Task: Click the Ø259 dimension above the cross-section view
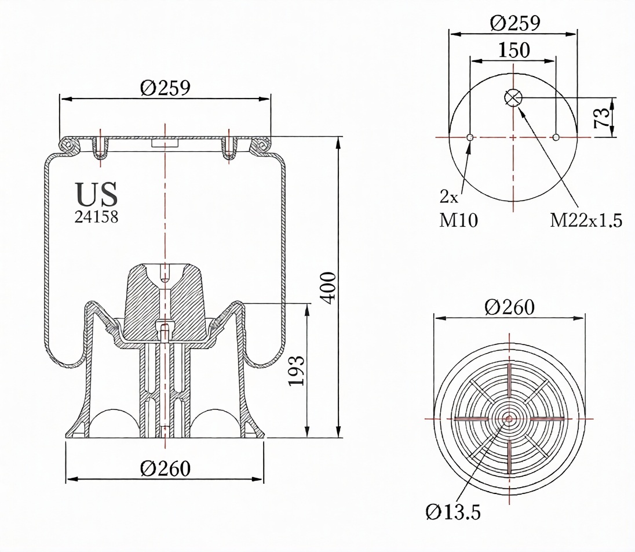pos(165,88)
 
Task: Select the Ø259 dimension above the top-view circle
pos(514,23)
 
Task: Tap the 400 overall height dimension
pos(328,286)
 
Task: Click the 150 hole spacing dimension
pos(512,50)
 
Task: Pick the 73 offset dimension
pos(603,117)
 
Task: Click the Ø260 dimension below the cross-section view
pos(165,467)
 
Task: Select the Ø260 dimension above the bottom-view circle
pos(509,307)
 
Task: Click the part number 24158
pos(96,217)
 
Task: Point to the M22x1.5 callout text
pos(586,220)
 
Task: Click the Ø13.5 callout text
pos(452,512)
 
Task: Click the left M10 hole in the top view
pos(470,137)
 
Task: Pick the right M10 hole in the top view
pos(556,137)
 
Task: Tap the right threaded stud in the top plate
pos(230,147)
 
